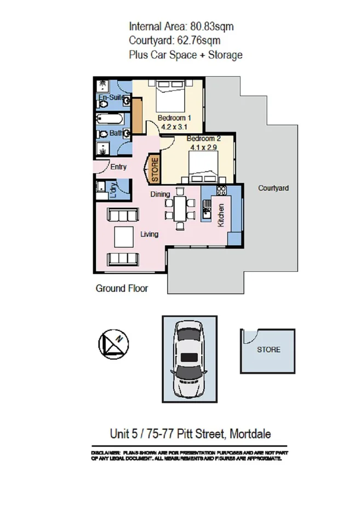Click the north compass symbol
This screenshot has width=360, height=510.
click(x=113, y=344)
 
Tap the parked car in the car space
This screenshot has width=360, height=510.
click(x=188, y=360)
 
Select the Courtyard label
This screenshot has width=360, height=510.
click(x=273, y=188)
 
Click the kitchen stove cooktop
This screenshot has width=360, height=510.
click(x=221, y=191)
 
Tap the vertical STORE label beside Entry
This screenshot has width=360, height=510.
click(x=155, y=170)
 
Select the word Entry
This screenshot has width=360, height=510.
click(x=118, y=167)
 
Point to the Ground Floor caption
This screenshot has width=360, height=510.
click(x=122, y=288)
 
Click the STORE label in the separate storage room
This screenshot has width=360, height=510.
click(x=268, y=349)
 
